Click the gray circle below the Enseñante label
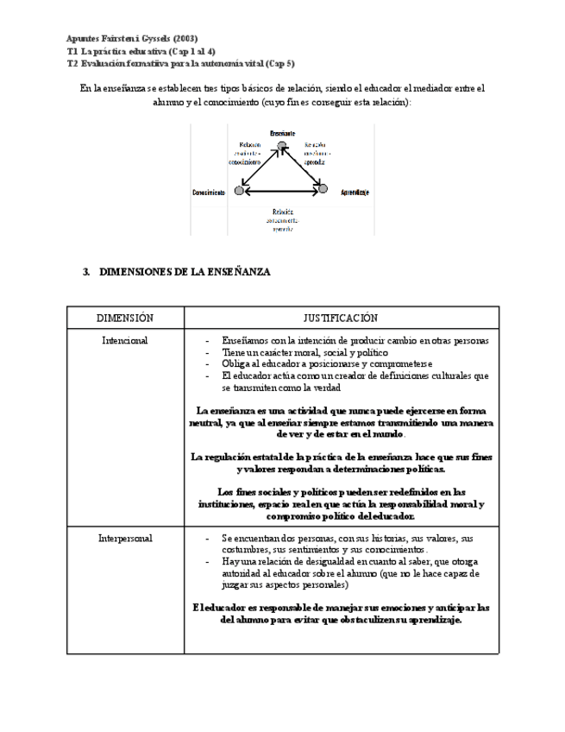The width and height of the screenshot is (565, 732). (281, 146)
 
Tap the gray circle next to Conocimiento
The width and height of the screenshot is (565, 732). (240, 191)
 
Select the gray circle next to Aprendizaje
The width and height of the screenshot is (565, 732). (323, 189)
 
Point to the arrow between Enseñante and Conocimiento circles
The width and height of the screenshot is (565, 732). (260, 168)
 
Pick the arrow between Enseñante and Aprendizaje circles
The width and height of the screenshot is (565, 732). (303, 167)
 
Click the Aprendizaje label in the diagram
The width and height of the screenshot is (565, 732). (355, 192)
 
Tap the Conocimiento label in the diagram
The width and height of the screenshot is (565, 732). (210, 192)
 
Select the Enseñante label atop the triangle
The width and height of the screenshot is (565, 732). (282, 133)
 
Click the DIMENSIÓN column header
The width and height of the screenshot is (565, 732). (125, 319)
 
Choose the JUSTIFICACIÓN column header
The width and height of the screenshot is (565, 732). (341, 319)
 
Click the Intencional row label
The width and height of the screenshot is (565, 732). (125, 341)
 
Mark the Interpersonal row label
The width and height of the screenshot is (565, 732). (126, 539)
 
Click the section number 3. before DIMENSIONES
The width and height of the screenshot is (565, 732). (86, 272)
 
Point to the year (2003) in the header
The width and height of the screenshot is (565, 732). (185, 38)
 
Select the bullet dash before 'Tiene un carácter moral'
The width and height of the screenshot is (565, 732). (208, 353)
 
